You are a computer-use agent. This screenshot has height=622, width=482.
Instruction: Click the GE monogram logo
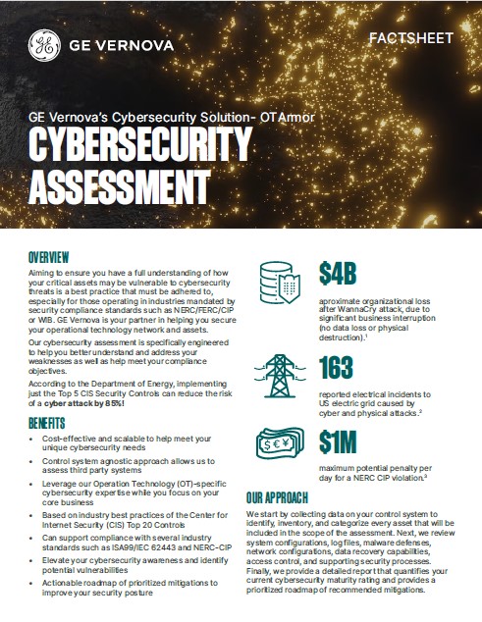click(x=45, y=44)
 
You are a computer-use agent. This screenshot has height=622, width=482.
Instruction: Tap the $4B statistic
click(x=344, y=269)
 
